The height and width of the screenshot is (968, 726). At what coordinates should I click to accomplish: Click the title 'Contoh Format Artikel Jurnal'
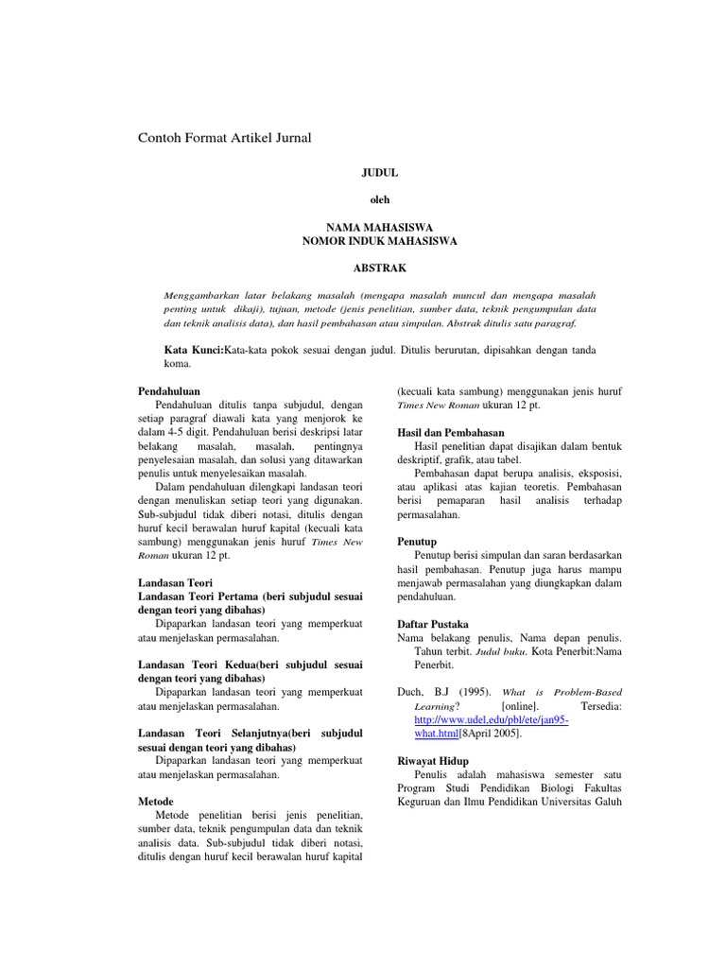coord(225,138)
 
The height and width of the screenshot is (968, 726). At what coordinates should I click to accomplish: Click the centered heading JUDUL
coord(380,173)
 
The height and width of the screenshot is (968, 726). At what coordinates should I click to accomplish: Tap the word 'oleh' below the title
coord(379,199)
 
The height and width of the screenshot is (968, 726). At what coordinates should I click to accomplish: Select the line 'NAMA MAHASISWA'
coord(379,228)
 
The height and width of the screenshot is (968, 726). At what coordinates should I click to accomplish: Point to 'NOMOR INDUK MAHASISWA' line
coord(379,241)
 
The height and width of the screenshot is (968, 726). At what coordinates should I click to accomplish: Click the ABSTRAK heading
coord(379,268)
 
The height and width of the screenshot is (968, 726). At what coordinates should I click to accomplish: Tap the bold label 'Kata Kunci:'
coord(194,350)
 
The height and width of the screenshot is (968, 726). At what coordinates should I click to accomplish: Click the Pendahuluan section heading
coord(169,390)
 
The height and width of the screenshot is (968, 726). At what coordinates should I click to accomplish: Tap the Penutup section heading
coord(417,543)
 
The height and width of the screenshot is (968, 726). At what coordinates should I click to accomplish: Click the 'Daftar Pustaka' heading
coord(431,625)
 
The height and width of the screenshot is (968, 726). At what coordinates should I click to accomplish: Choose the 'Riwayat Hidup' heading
coord(433,761)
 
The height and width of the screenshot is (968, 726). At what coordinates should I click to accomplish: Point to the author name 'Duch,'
coord(412,692)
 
